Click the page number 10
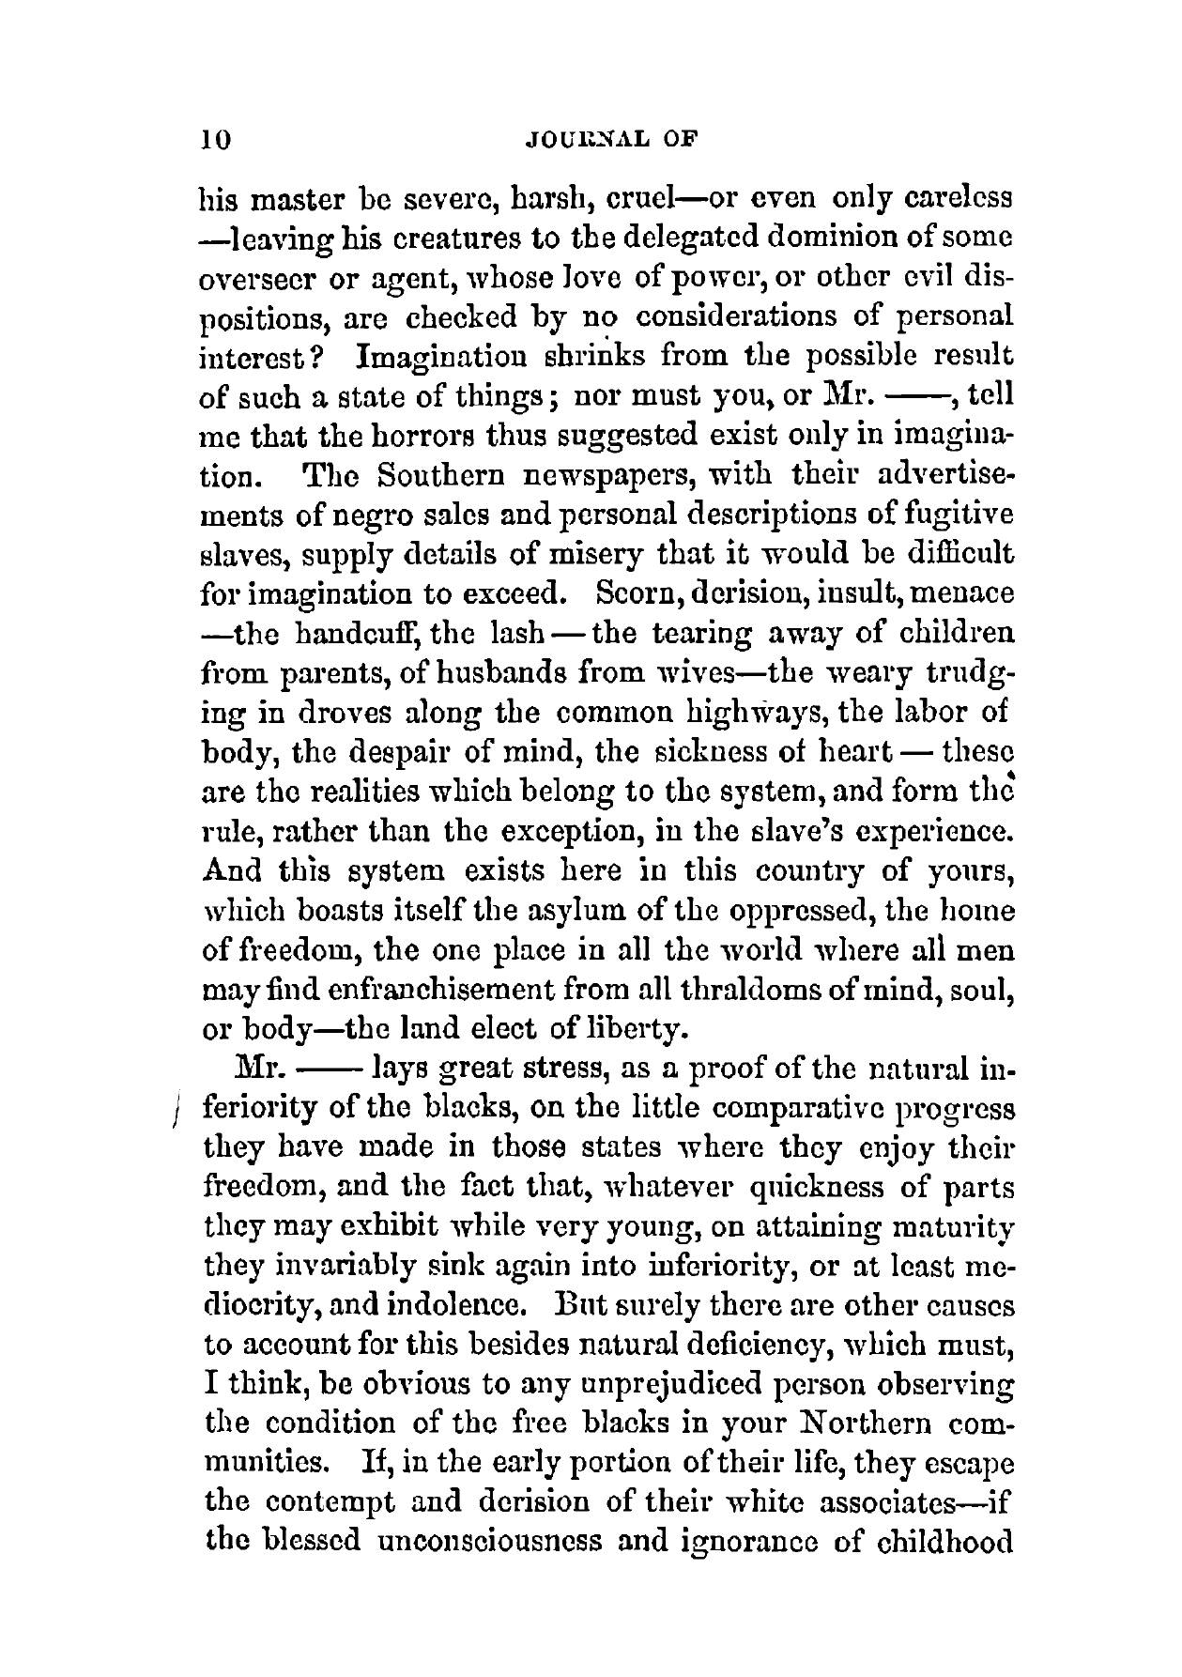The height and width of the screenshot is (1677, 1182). tap(215, 140)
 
